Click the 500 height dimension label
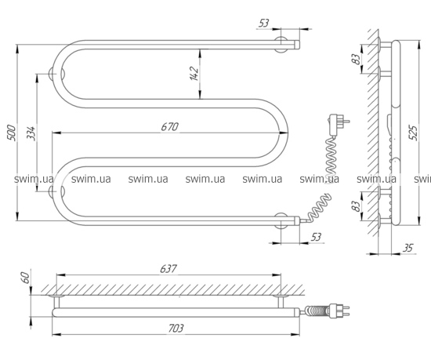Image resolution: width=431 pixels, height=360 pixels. point(13,133)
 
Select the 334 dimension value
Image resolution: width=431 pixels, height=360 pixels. point(32,133)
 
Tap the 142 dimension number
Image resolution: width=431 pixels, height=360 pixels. point(194,74)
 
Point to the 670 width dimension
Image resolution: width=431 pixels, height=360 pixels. point(170,127)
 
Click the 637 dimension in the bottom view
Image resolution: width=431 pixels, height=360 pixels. point(168,268)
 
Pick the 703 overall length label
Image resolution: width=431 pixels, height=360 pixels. point(176,328)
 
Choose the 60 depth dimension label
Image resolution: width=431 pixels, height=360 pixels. point(25,278)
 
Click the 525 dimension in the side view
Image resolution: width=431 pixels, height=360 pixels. point(413,133)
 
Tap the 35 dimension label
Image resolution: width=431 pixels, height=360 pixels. point(407,248)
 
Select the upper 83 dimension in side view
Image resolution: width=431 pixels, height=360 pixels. point(356,59)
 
